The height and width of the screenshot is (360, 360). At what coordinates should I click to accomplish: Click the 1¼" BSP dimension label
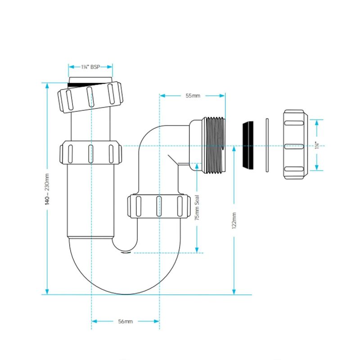90,67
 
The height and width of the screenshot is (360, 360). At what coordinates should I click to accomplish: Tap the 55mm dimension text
193,95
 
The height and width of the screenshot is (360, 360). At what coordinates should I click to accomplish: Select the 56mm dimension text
126,321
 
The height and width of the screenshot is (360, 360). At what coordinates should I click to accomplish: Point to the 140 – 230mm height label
47,189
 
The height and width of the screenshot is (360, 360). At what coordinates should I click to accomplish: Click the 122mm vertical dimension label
234,220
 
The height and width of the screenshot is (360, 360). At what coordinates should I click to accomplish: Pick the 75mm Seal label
197,207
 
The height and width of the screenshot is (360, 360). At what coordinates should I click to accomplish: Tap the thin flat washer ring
267,145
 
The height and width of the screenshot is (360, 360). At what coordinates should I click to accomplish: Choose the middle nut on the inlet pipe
90,153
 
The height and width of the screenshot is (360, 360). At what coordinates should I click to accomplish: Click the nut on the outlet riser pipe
159,207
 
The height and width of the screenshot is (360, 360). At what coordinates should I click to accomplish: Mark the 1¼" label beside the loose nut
317,145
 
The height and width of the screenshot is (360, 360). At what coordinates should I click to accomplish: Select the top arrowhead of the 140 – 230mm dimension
47,85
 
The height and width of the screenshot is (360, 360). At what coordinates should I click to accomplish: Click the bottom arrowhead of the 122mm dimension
234,291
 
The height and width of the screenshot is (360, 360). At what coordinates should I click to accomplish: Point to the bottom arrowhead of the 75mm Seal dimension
197,250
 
